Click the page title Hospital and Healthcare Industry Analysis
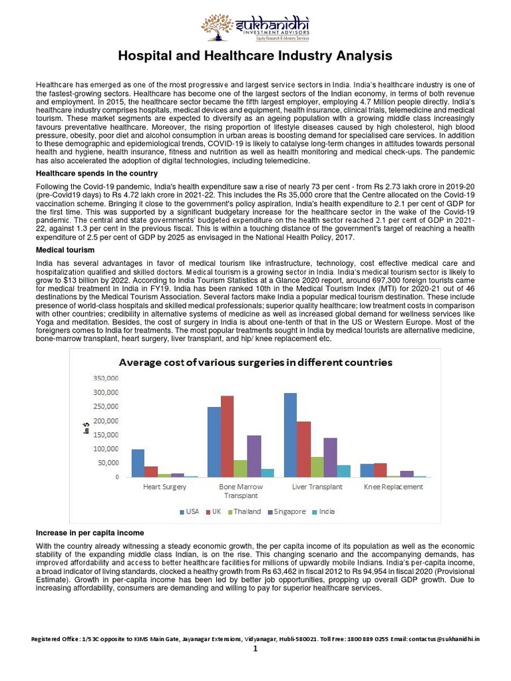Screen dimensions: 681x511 tap(255, 55)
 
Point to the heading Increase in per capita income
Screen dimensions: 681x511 tap(89, 533)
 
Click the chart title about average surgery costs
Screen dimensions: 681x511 tap(255, 362)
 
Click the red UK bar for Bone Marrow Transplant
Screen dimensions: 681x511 tap(228, 436)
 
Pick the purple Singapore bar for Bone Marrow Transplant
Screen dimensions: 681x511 tap(254, 456)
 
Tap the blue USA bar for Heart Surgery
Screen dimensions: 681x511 tap(138, 463)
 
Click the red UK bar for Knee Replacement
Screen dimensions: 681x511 tap(380, 470)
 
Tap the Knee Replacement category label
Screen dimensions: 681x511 tap(393, 487)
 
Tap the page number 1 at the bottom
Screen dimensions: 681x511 tap(255, 650)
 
